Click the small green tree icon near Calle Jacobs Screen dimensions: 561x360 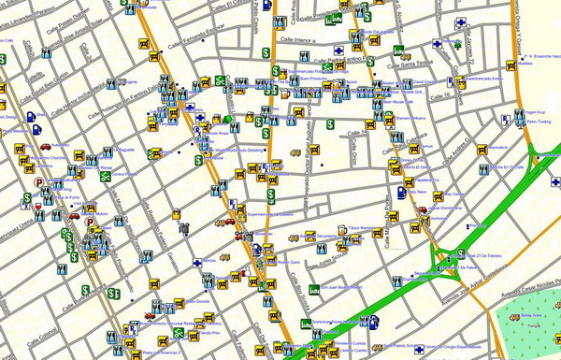tap(458, 43)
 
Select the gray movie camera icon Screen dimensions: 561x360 tap(185, 225)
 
